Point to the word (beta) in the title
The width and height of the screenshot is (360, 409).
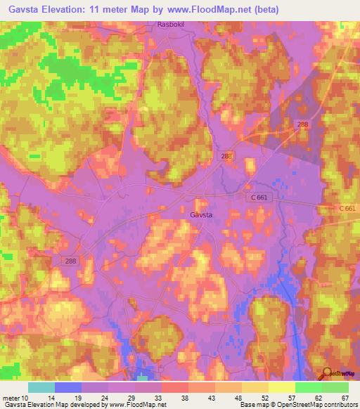click(x=265, y=10)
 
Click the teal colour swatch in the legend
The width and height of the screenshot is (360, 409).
click(x=41, y=387)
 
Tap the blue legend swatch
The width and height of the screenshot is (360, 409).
click(x=67, y=387)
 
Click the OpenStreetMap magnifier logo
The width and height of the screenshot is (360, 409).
click(x=326, y=374)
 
